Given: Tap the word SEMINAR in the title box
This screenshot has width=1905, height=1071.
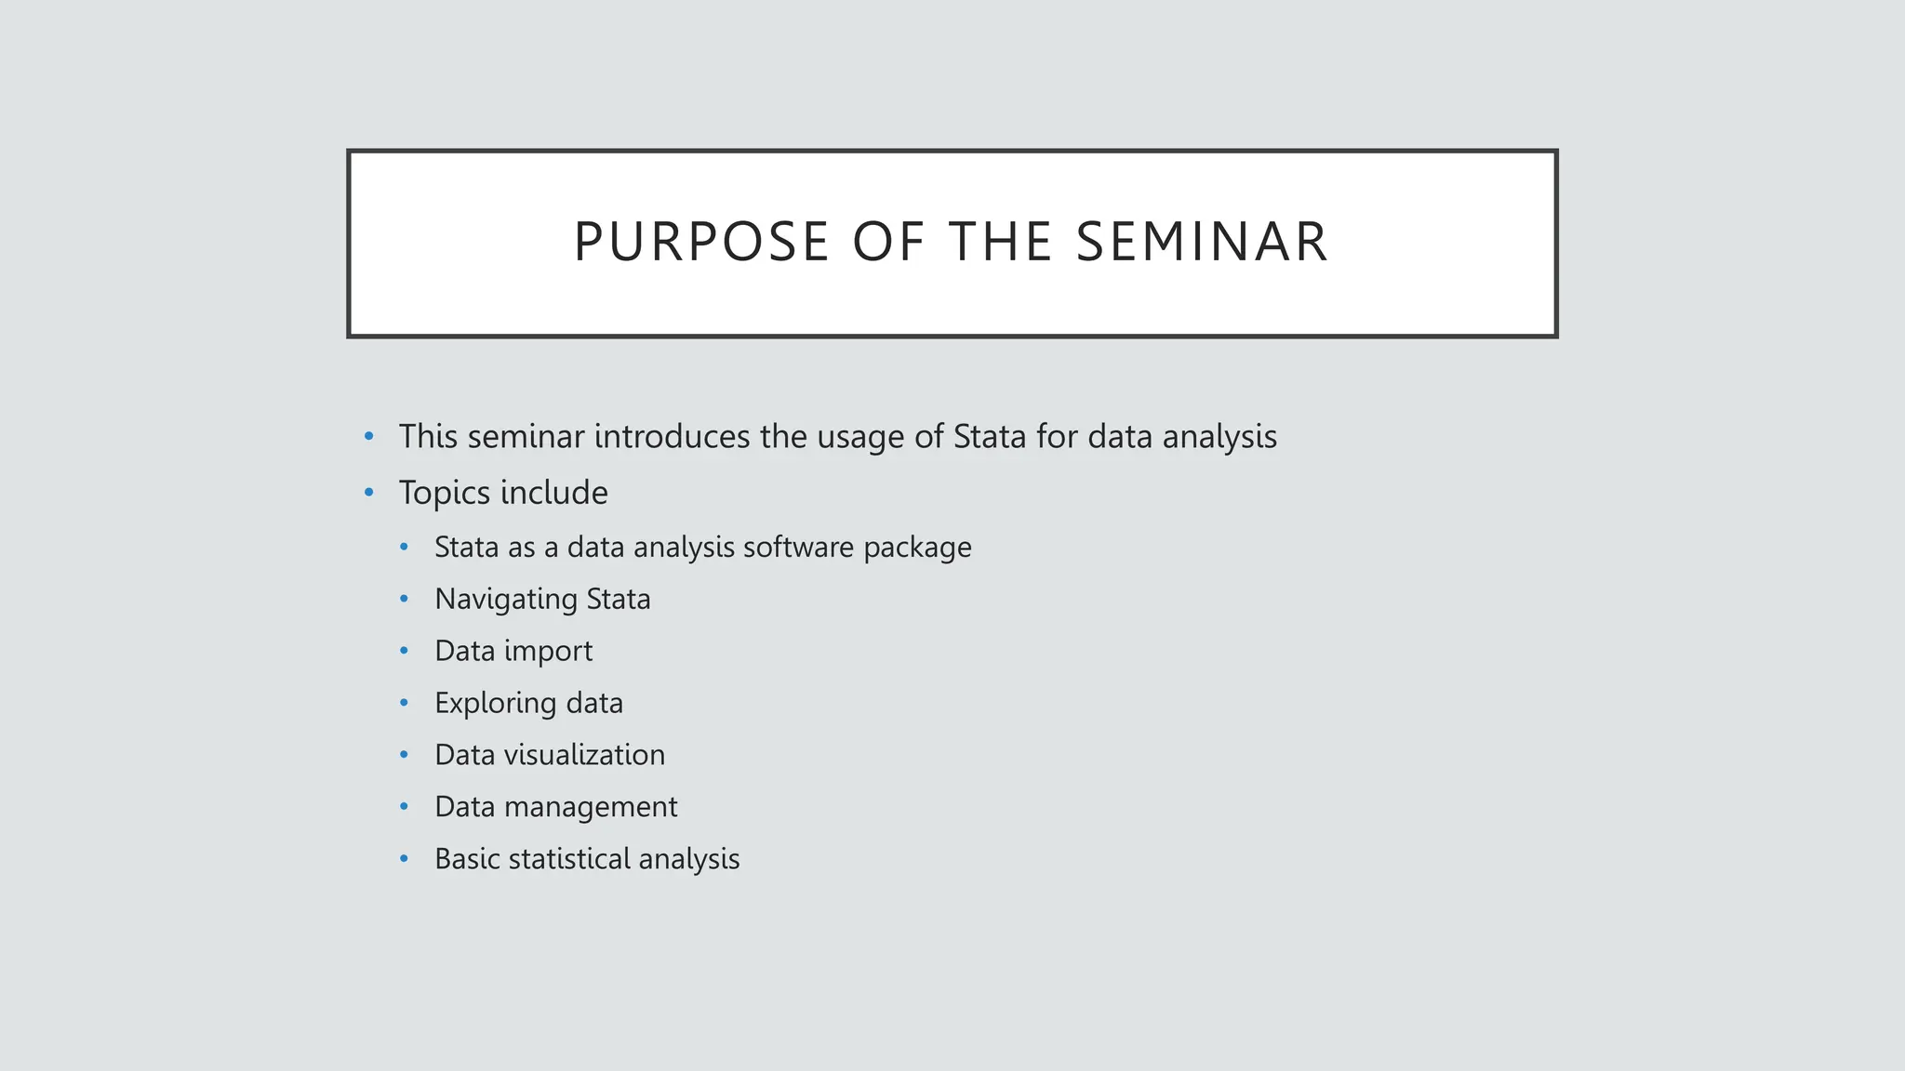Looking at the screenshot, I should (1202, 242).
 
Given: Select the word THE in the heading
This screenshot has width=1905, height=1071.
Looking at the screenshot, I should (1001, 242).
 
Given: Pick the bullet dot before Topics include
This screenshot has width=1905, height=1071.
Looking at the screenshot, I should (369, 492).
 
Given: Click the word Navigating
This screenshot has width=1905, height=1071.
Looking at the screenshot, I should (505, 600).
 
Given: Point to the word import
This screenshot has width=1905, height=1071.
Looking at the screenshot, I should (548, 652).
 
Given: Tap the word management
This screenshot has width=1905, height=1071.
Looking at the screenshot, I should (591, 808).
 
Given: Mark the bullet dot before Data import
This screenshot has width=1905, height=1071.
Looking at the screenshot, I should (404, 651).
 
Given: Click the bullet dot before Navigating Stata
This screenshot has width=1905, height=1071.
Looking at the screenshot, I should (404, 599).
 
